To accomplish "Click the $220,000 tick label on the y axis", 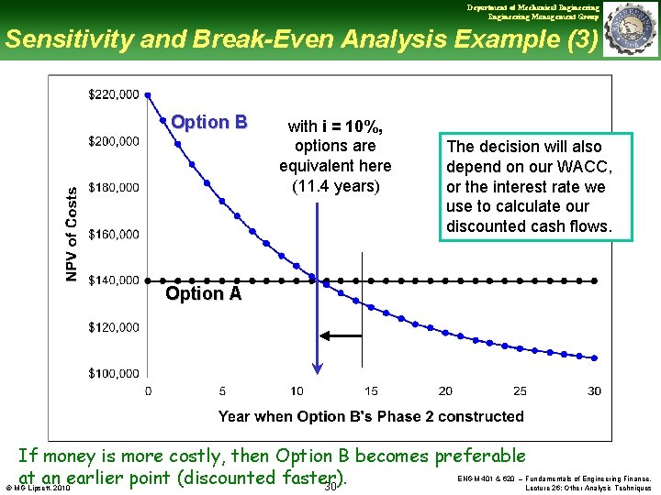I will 114,94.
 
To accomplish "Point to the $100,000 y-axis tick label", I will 114,373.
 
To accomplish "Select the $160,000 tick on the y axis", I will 114,234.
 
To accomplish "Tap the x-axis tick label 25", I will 520,391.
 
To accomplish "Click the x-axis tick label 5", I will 222,391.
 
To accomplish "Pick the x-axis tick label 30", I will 594,391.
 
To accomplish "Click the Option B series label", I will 208,122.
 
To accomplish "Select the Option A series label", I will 203,293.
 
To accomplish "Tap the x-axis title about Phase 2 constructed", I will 371,416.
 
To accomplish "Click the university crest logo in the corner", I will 632,29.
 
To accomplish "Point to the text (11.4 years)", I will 335,186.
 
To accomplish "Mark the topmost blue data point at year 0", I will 149,94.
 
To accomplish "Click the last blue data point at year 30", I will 595,357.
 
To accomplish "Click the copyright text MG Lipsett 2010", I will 38,489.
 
